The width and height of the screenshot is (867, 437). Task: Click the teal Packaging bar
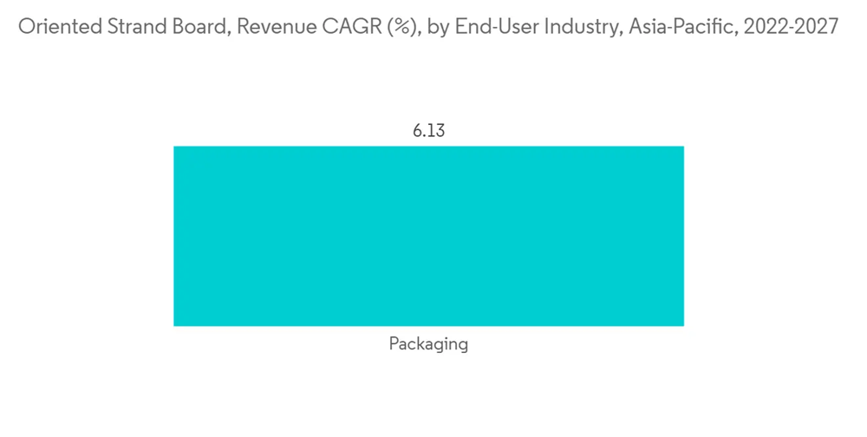coord(428,236)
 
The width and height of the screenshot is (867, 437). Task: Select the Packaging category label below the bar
coord(428,344)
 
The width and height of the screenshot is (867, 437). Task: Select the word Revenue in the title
coord(271,27)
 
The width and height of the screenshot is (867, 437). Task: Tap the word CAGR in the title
coord(345,27)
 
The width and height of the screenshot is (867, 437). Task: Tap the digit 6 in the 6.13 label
coord(417,131)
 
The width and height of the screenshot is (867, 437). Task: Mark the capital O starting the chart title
coord(27,27)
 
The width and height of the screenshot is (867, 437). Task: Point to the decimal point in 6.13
coord(424,135)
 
